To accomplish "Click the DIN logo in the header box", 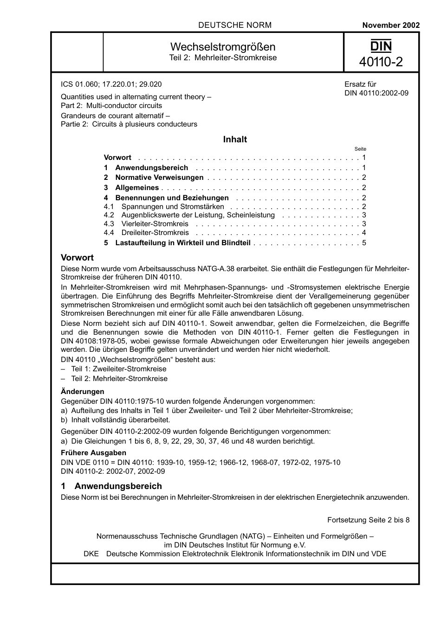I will click(x=381, y=46).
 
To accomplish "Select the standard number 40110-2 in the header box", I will click(x=381, y=62).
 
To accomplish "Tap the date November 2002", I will click(x=390, y=25).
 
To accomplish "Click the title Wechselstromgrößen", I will click(x=223, y=47).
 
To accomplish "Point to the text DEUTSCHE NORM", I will click(x=234, y=25).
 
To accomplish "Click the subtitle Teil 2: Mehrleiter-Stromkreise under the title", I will click(x=223, y=58).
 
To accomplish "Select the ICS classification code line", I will click(x=111, y=84).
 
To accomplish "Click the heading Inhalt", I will click(x=235, y=140).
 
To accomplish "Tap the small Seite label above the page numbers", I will click(x=360, y=149).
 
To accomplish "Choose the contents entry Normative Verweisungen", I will click(x=159, y=178).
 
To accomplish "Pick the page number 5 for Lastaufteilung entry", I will click(x=364, y=243).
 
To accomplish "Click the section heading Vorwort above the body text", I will click(x=77, y=258).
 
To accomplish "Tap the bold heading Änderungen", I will click(x=83, y=392).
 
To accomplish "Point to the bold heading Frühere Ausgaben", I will click(x=93, y=453).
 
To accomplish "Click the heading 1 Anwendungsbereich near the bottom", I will click(x=111, y=486).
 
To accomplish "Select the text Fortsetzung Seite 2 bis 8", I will click(x=368, y=520).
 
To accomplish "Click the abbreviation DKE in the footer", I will click(x=91, y=554).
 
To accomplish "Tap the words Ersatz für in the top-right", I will click(x=360, y=84).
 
